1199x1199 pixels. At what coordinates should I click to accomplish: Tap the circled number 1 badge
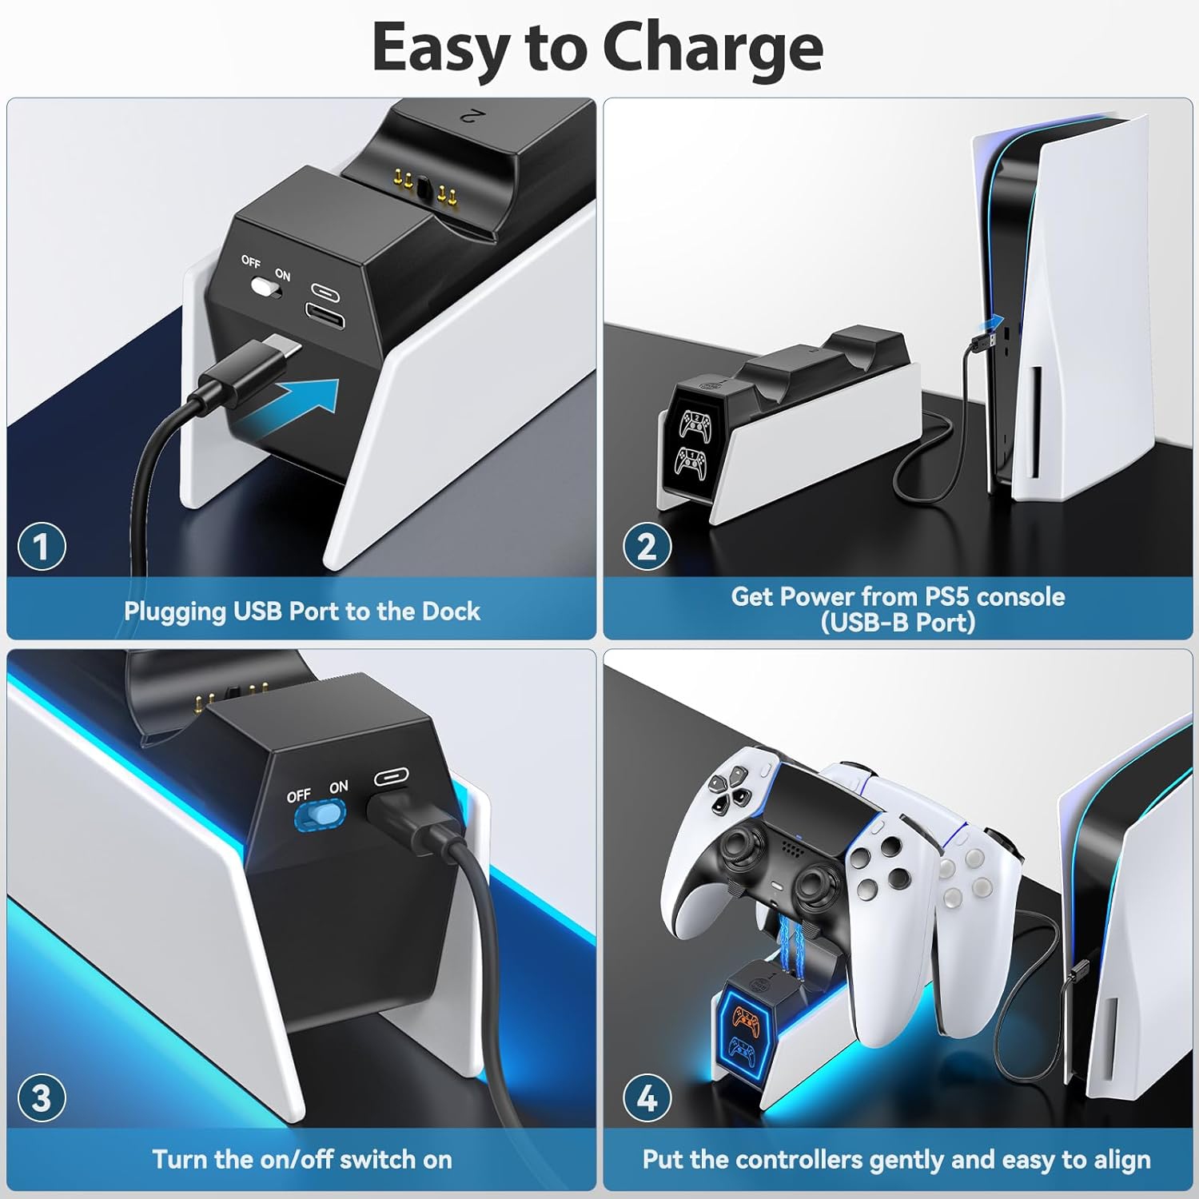pos(42,547)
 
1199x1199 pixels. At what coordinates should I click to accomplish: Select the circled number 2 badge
pos(646,547)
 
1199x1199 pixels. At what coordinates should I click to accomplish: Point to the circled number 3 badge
pos(42,1097)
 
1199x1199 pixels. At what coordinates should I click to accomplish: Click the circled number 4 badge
pos(646,1099)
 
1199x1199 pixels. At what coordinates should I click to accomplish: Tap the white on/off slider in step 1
pos(264,287)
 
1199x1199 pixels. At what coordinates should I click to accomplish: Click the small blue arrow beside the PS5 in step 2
pos(991,323)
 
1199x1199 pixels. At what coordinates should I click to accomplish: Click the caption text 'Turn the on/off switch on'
pos(301,1159)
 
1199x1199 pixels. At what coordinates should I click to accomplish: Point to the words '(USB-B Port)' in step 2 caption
pos(898,622)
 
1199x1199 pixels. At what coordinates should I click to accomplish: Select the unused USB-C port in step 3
pos(391,775)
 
